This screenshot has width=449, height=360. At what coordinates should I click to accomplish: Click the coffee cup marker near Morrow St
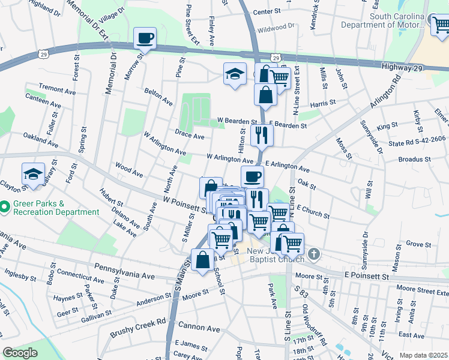pos(144,39)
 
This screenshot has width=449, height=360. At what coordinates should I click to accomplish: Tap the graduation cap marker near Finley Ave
pos(235,74)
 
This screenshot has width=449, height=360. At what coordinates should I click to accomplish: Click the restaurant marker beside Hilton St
pos(262,135)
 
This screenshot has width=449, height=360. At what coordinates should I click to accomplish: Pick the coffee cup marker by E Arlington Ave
pos(253,177)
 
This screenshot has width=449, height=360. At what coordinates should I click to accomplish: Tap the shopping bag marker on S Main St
pos(203,260)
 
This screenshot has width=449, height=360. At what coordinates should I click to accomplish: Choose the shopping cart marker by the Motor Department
pos(441,24)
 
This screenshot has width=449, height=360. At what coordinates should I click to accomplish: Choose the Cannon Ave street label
pos(199,328)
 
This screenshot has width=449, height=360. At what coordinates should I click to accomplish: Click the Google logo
pos(20,353)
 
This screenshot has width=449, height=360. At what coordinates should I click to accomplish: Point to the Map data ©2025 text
pos(423,355)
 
